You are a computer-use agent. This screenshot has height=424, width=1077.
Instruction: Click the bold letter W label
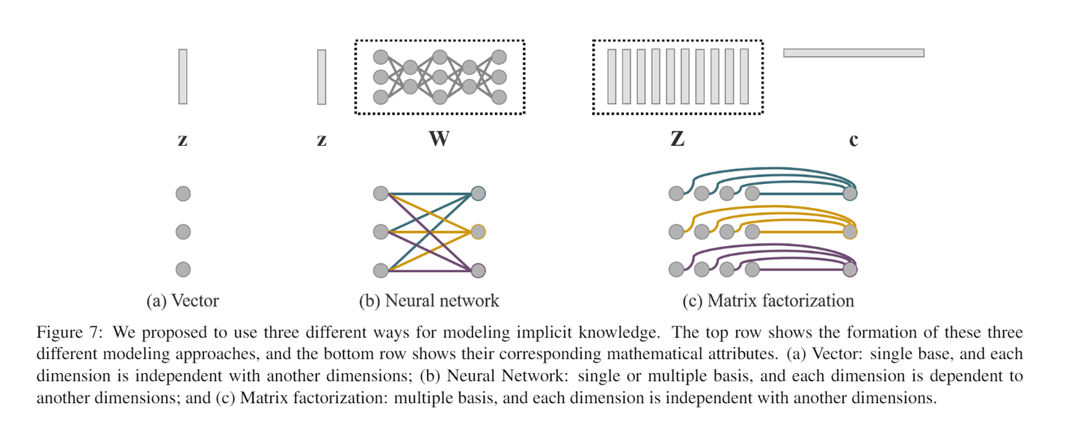[438, 139]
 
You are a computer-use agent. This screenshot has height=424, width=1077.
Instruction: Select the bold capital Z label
[677, 139]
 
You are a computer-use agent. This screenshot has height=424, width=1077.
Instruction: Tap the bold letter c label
[853, 140]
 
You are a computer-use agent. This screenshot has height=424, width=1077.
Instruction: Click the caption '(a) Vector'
[182, 301]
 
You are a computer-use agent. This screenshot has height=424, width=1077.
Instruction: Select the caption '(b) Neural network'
[429, 301]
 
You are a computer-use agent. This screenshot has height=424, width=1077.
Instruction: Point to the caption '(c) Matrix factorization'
[768, 301]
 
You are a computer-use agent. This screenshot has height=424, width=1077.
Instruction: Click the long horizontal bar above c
[853, 53]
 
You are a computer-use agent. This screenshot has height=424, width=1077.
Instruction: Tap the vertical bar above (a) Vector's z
[182, 76]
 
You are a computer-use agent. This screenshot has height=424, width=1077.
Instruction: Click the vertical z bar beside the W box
[322, 76]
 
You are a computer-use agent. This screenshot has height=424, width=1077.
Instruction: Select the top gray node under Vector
[183, 194]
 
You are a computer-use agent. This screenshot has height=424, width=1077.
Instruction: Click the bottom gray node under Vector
[183, 270]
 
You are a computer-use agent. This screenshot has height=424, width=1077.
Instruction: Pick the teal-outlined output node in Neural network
[479, 194]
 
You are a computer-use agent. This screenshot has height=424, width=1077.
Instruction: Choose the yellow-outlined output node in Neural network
[479, 232]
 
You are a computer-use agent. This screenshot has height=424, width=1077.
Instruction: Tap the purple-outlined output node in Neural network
[479, 270]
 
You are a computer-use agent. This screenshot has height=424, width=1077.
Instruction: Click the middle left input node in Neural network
[381, 232]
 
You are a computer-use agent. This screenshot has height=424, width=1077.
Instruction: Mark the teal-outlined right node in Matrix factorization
[850, 194]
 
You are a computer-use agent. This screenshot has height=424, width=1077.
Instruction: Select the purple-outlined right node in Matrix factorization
[850, 269]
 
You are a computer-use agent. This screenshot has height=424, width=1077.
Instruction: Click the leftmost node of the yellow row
[676, 232]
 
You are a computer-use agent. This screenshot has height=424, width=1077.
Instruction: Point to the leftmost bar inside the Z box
[612, 76]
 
